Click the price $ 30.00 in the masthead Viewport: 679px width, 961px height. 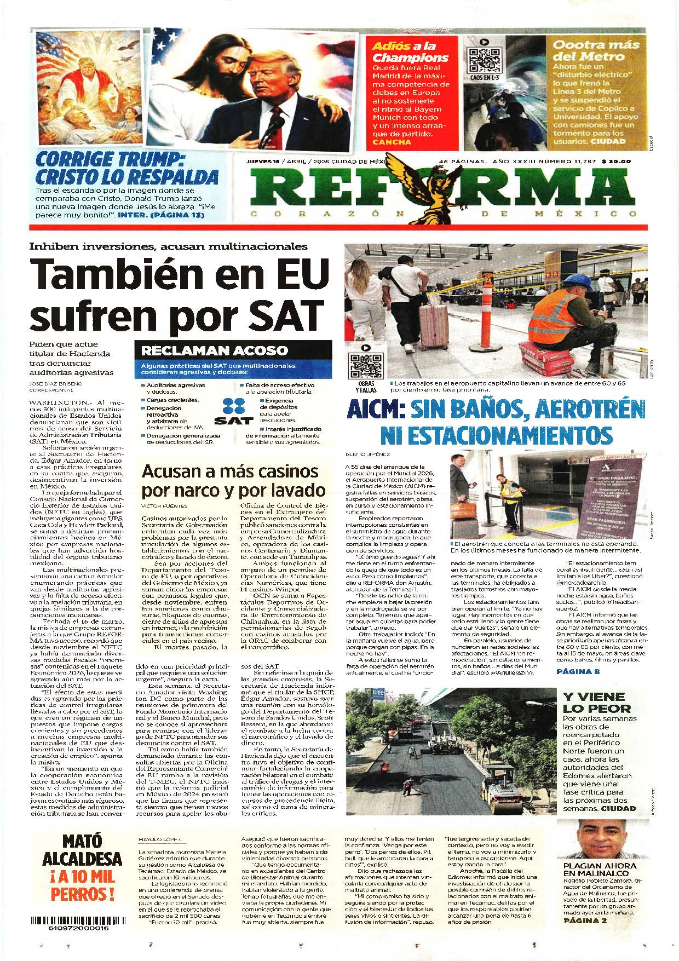616,162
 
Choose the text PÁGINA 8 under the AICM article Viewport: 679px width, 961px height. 578,671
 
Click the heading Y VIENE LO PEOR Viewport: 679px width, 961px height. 594,702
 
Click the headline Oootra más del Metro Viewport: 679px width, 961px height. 588,50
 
